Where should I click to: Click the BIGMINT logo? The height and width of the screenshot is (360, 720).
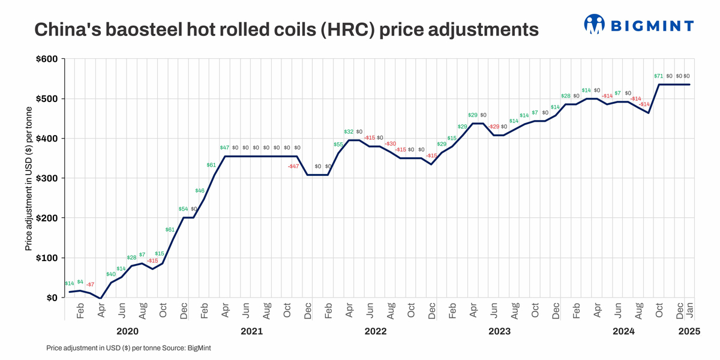coord(638,25)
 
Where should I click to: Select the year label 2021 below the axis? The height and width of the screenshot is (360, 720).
coord(251,331)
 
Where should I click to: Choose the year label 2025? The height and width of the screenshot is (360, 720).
coord(688,331)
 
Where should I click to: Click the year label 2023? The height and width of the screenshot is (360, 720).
coord(500,331)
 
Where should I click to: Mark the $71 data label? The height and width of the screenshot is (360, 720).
coord(658,76)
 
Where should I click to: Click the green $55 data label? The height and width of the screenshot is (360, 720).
coord(338,145)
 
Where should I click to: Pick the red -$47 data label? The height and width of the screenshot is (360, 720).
coord(293,166)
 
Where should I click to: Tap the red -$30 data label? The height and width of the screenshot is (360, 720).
coord(390,144)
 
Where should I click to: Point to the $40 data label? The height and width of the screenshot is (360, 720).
coord(111,274)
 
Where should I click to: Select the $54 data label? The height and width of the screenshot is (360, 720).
coord(183,209)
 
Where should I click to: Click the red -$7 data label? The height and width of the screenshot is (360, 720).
coord(90,284)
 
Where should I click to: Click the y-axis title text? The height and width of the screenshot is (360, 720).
coord(28,178)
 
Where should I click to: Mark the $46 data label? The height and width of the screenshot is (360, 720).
coord(200,191)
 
